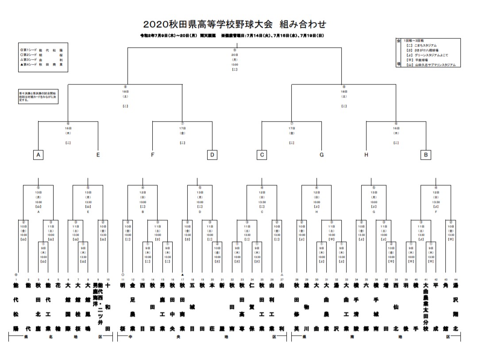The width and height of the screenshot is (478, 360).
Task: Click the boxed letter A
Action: coord(39,155)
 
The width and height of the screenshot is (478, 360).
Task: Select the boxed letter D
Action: coord(212,155)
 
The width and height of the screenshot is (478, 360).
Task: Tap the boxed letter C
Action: coord(262,155)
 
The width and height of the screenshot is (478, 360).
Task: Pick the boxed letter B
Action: coord(425,155)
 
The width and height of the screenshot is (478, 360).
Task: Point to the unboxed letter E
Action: coord(98,155)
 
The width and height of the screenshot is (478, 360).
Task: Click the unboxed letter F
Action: coord(153,155)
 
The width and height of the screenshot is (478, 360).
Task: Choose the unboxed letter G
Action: coord(321,155)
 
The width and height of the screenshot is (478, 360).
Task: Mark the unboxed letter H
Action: coord(366,155)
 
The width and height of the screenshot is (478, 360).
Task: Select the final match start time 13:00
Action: coord(235,65)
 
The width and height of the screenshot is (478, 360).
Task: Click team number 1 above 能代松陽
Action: coord(16,280)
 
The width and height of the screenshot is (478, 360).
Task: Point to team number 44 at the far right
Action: coord(451,280)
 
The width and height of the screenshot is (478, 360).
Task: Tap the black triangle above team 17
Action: coord(182,275)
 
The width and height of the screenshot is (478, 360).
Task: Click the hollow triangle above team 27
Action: coord(282,275)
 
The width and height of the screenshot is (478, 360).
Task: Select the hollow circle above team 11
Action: coord(123,275)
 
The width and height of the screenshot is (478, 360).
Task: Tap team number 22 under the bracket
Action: coord(232,280)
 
